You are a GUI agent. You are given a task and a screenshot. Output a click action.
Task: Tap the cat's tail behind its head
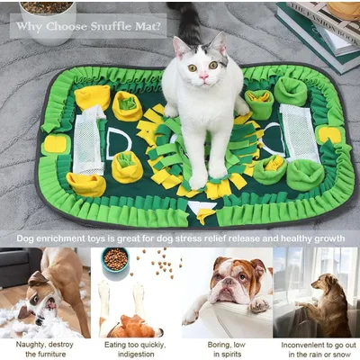point(192,20)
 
